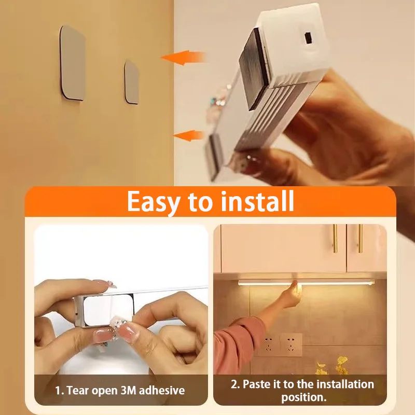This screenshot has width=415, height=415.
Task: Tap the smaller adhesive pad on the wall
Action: (132, 82)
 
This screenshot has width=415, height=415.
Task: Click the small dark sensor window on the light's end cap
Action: (307, 37)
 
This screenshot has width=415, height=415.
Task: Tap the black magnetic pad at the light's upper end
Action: (258, 67)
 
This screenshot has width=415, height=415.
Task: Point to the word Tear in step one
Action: (78, 390)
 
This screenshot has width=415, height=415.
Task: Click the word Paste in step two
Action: (258, 384)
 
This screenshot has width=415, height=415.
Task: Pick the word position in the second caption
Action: (303, 398)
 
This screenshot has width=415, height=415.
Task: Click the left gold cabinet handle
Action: (335, 238)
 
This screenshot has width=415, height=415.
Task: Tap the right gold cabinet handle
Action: (359, 238)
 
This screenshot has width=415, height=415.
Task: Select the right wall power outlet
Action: (290, 343)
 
